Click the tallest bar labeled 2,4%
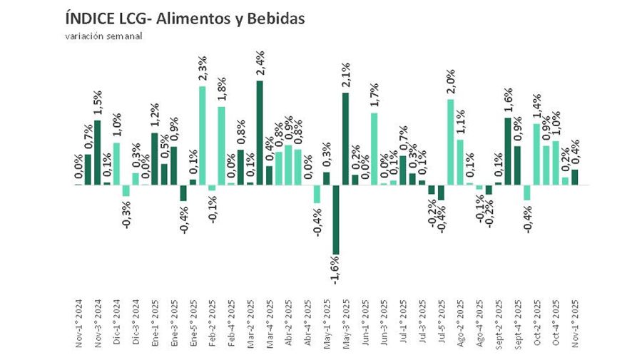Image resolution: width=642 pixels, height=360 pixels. click(x=259, y=133)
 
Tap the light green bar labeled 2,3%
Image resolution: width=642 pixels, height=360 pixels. click(x=202, y=135)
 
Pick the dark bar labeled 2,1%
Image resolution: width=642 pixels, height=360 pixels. click(x=345, y=139)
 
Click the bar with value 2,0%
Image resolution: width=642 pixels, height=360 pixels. click(x=451, y=142)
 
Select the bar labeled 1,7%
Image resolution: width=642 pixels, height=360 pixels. click(x=374, y=148)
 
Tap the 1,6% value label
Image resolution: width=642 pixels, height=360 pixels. click(x=508, y=101)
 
